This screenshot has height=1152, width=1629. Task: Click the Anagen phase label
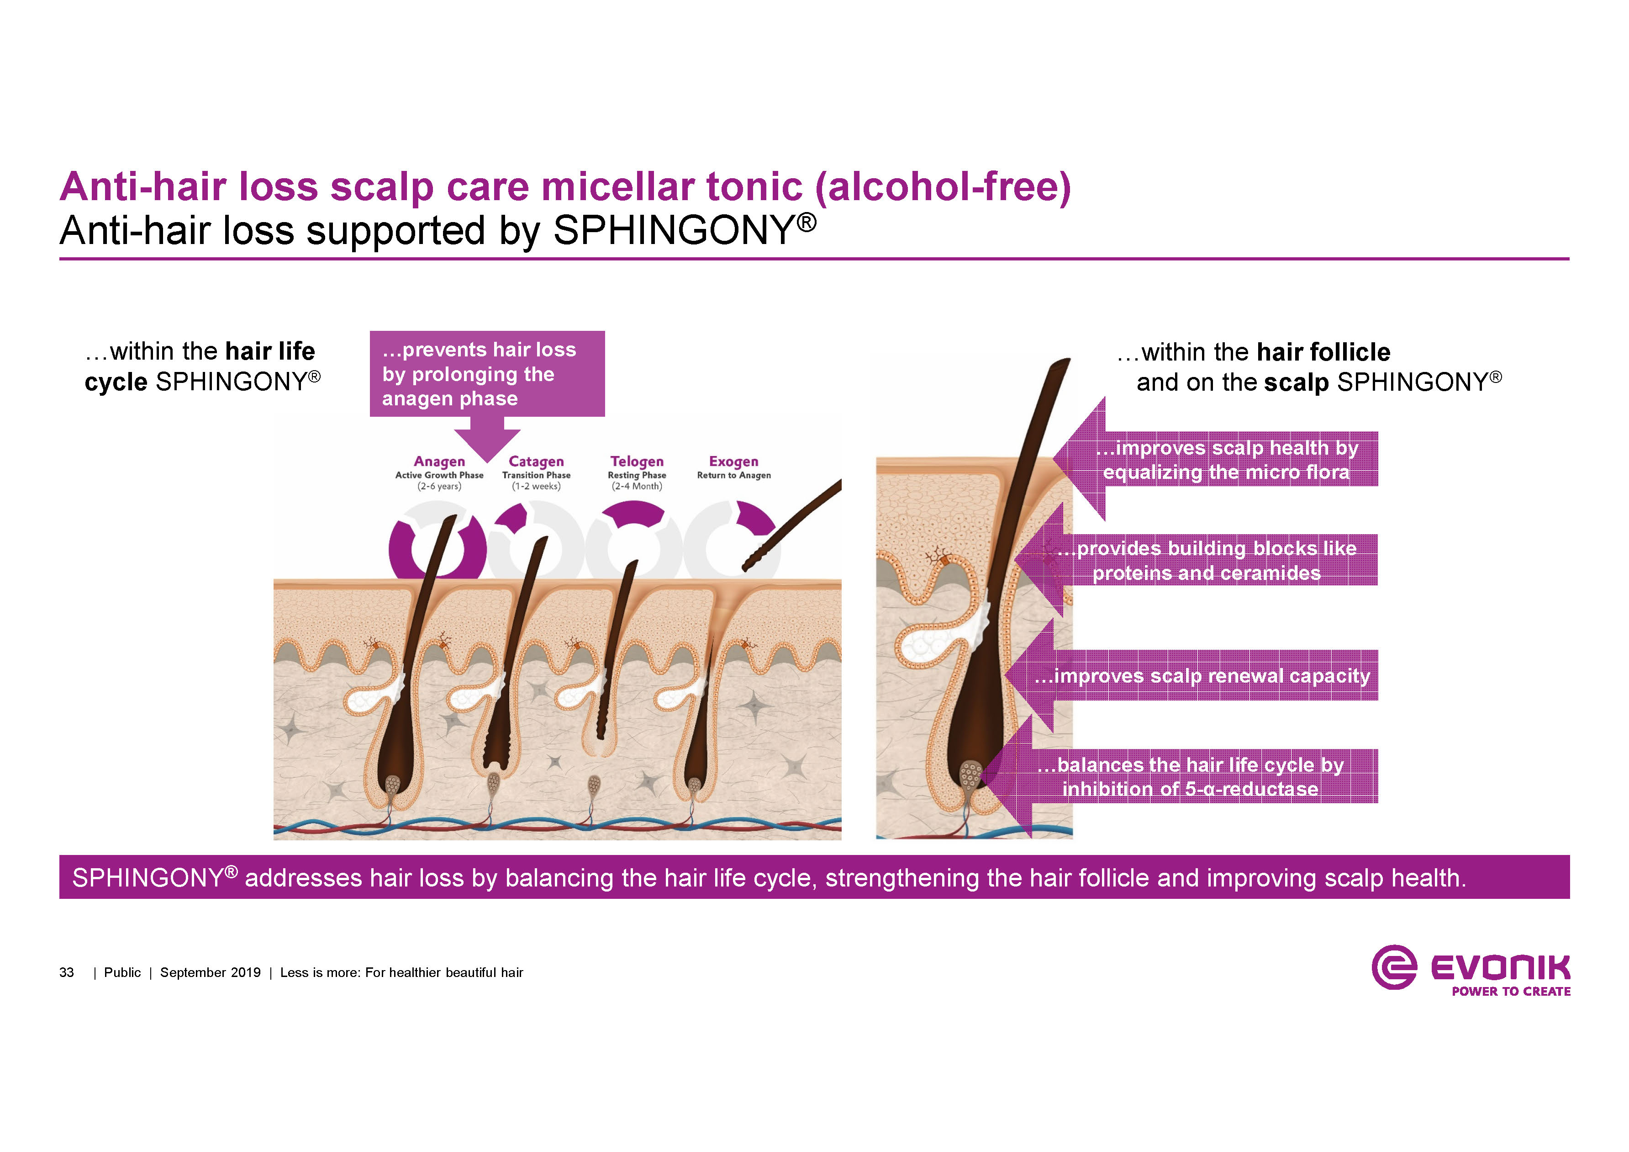(x=439, y=462)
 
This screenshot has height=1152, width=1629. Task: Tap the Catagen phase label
(x=536, y=462)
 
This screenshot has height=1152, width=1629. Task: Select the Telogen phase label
(x=637, y=462)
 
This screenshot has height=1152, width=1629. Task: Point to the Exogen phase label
(x=733, y=462)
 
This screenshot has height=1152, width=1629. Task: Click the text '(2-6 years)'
(x=439, y=486)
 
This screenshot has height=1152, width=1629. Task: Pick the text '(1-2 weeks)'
(x=536, y=486)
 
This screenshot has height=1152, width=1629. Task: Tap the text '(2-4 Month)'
(x=637, y=486)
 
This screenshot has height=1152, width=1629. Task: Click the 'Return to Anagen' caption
(x=733, y=475)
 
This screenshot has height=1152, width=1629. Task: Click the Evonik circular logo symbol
(x=1393, y=967)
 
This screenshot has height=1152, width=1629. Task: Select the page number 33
(x=67, y=972)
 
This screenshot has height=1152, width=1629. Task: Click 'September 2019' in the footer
(x=210, y=972)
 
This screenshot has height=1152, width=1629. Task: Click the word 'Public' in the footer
(x=122, y=972)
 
